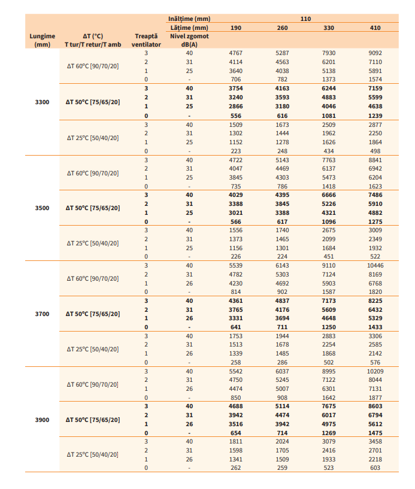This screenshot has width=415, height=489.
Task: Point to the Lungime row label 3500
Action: (43, 208)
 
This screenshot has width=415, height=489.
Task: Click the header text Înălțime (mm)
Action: (189, 19)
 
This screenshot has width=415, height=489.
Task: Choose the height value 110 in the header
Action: (305, 19)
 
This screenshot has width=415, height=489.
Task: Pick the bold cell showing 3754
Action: (236, 88)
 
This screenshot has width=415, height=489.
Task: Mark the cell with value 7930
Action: (329, 53)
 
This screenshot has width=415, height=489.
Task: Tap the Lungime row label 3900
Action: (43, 420)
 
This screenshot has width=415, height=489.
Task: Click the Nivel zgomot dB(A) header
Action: (189, 40)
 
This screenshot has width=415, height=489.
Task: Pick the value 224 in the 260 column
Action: (282, 257)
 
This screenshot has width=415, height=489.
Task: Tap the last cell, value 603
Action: (375, 468)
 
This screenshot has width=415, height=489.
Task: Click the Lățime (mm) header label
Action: (189, 28)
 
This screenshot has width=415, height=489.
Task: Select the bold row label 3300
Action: (43, 102)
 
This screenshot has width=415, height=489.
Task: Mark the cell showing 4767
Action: (236, 53)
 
